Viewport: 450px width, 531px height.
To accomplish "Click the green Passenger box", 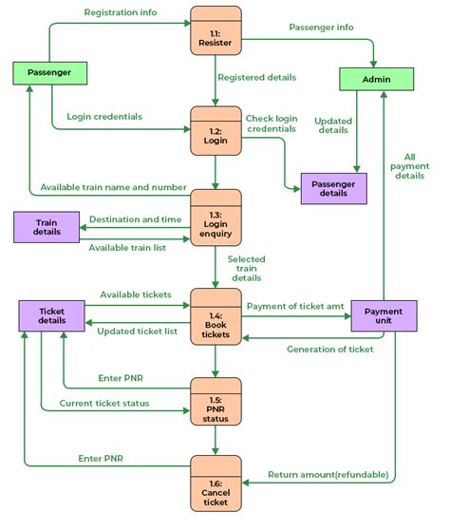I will click(49, 72).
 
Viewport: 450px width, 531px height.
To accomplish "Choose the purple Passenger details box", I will click(333, 188).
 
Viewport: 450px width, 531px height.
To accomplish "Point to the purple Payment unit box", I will click(384, 315).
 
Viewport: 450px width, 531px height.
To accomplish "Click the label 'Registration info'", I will click(121, 13).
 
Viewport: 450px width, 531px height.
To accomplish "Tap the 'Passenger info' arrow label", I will click(321, 28).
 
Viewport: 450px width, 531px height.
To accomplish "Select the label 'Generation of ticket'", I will click(329, 349).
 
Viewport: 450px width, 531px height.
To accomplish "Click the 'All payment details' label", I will click(410, 166).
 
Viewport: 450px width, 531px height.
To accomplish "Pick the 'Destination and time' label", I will click(135, 219).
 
